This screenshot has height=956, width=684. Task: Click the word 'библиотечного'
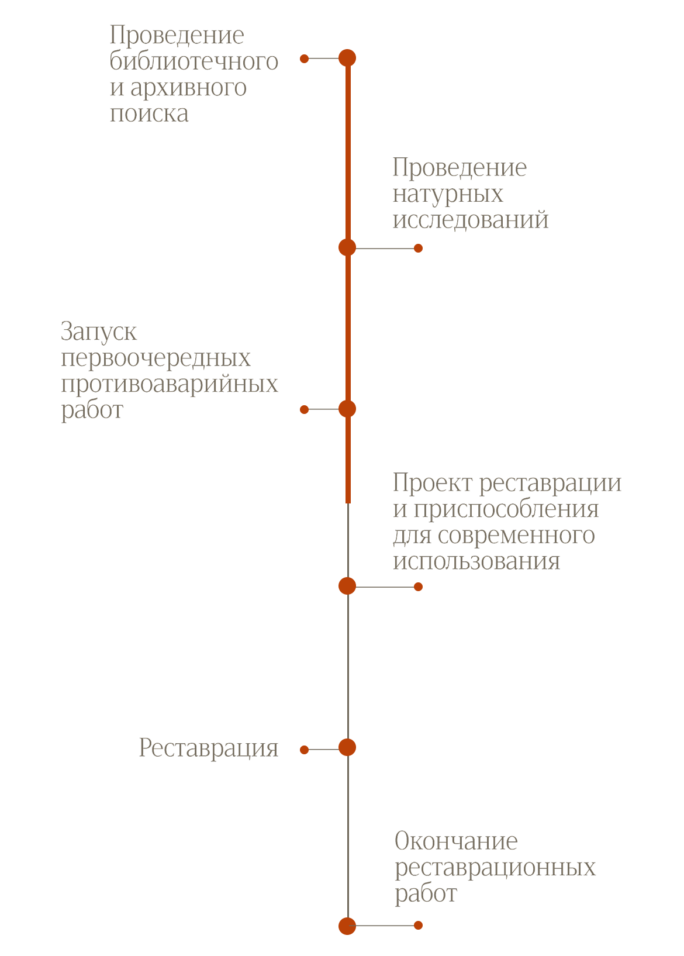click(x=194, y=61)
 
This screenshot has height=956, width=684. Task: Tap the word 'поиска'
click(x=149, y=113)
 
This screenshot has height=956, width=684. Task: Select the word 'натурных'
click(x=448, y=194)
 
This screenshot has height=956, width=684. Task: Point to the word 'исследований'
click(x=471, y=220)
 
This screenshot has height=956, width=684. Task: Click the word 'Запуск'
click(x=99, y=332)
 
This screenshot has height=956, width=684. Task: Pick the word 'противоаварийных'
click(x=170, y=384)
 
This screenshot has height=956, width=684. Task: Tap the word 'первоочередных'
click(x=156, y=358)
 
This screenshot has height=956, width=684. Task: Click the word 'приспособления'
click(x=506, y=509)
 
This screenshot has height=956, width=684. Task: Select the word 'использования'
click(x=476, y=561)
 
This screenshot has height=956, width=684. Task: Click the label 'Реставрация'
click(x=208, y=748)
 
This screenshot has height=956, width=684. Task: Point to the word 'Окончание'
click(x=456, y=841)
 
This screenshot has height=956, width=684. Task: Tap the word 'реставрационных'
click(x=495, y=867)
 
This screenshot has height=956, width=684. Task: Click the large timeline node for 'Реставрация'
click(x=347, y=747)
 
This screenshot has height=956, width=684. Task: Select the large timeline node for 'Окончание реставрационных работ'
click(x=347, y=926)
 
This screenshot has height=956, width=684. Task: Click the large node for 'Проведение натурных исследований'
click(x=347, y=247)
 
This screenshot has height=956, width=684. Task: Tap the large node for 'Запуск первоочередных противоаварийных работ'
click(x=347, y=409)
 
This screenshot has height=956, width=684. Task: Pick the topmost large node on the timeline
click(x=347, y=58)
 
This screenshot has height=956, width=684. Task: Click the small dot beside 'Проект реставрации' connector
click(x=418, y=586)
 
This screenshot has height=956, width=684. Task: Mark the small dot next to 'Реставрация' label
click(x=304, y=750)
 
